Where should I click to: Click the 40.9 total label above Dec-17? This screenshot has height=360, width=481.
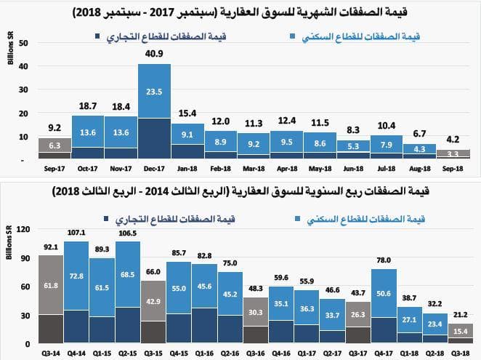click(154, 54)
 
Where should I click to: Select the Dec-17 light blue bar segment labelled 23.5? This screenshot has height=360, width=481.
click(154, 92)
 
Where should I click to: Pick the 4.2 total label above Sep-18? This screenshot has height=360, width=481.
click(453, 138)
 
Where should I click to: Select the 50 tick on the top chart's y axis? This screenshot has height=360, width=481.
click(24, 43)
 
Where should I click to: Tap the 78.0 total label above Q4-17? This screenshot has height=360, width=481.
click(384, 260)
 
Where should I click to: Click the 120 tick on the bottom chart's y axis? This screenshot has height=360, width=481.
click(22, 229)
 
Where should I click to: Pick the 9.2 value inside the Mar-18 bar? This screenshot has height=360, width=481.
click(254, 144)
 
